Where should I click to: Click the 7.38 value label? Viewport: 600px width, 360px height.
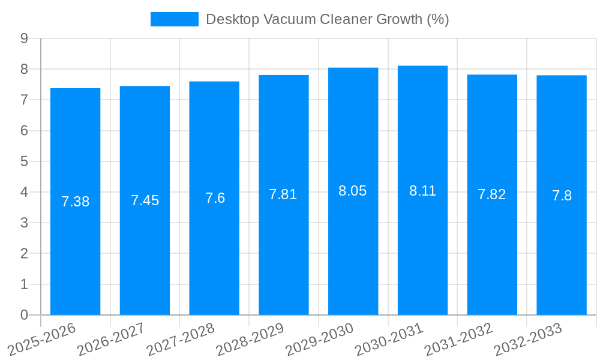[75, 202]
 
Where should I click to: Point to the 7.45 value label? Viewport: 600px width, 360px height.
[145, 200]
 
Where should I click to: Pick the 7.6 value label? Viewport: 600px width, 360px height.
[214, 198]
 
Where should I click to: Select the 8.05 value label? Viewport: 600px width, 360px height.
[353, 191]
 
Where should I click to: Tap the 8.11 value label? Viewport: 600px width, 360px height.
[422, 191]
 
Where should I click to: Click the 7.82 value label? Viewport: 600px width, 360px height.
[492, 194]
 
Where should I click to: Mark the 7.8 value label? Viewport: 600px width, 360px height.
[562, 196]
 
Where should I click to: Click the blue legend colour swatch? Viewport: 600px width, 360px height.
[174, 19]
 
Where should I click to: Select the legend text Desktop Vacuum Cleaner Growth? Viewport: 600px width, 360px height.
[327, 19]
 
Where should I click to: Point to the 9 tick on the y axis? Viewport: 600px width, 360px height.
[24, 38]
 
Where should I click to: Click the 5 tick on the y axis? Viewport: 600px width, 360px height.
[24, 161]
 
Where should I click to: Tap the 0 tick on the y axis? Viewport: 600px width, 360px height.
[24, 315]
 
